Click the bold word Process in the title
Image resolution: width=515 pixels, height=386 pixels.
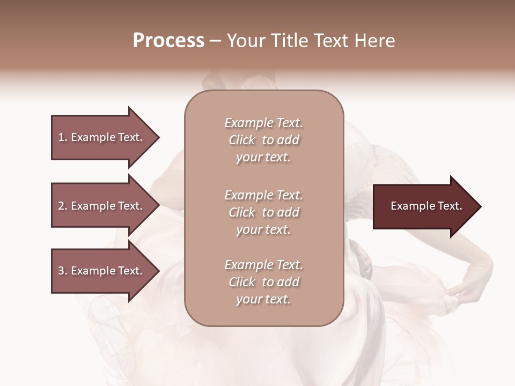[x=168, y=41]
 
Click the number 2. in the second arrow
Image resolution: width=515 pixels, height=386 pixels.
[x=63, y=206]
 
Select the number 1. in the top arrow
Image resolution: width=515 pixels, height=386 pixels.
[x=63, y=137]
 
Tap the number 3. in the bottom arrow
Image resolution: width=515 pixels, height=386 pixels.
[x=63, y=271]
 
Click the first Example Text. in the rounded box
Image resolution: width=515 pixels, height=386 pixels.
[x=263, y=123]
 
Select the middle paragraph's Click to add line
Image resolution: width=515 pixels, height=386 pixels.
[x=263, y=212]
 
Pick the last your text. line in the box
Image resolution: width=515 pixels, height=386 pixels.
[x=263, y=299]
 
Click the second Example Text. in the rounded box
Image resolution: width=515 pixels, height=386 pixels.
[x=263, y=195]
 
